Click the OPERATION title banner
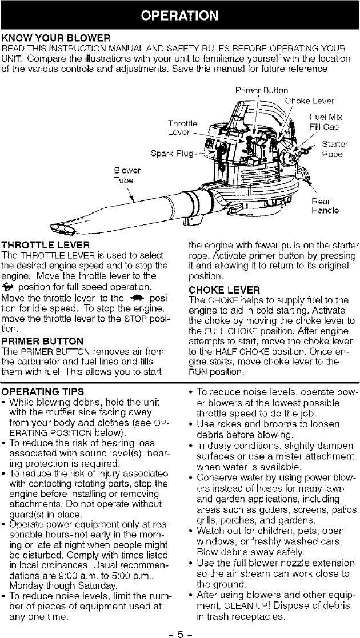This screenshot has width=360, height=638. click(180, 14)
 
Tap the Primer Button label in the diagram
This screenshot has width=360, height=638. click(262, 90)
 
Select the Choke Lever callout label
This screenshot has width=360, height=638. click(310, 101)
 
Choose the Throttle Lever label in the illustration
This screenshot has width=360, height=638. click(182, 127)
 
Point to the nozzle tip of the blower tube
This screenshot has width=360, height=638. click(62, 230)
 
